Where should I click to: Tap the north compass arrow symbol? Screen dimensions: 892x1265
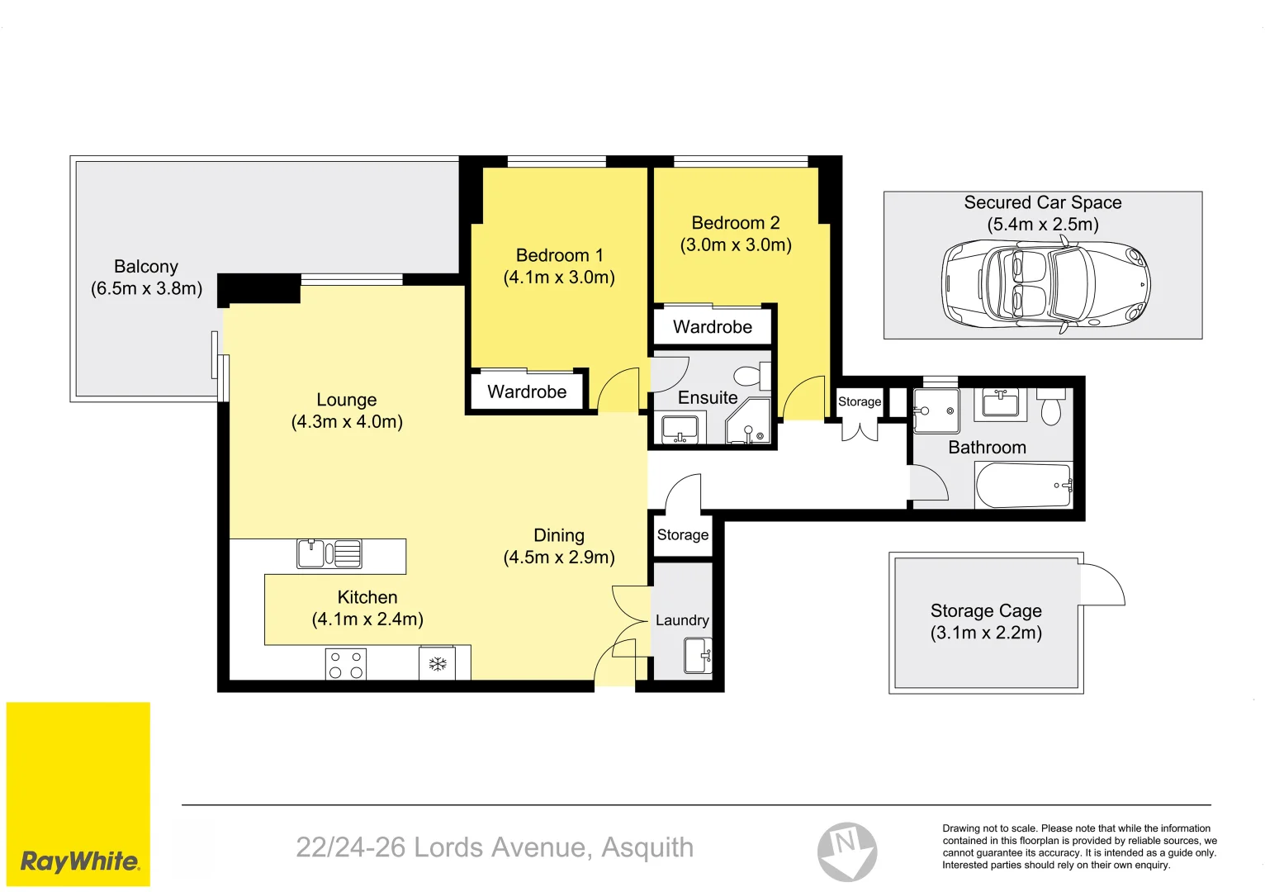point(847,852)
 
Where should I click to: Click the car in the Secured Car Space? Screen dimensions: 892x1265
point(1045,284)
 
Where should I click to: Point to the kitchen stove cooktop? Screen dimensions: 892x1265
point(345,664)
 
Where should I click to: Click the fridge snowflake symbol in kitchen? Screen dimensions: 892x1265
point(437,663)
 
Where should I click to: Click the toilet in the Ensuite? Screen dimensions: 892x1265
point(750,377)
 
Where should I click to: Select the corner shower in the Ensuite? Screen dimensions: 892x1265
point(748,423)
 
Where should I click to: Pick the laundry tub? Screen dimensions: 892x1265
point(697,656)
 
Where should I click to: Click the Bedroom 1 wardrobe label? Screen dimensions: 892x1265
point(527,391)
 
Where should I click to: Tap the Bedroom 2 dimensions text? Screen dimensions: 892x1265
point(736,245)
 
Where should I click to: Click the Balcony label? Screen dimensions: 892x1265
point(146,267)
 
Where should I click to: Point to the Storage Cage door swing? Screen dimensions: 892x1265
point(1102,584)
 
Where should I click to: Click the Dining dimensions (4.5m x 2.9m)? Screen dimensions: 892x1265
point(559,557)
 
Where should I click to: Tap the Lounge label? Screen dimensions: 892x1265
point(346,400)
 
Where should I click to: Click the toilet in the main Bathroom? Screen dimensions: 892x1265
point(1050,409)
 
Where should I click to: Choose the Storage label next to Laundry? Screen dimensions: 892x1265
point(682,534)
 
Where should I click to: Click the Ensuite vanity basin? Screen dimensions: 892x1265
point(680,429)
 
